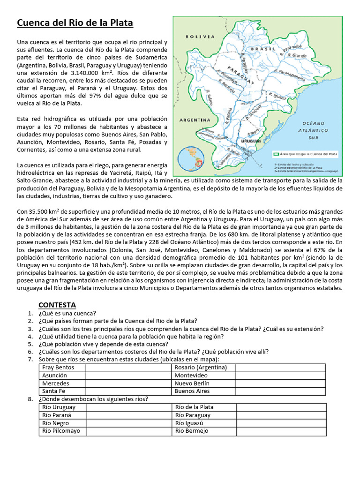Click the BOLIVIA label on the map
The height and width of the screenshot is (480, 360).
200,36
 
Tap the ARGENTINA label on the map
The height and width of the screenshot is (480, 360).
195,120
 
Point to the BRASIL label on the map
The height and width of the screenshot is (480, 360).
262,49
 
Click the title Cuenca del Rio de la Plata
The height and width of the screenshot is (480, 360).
75,23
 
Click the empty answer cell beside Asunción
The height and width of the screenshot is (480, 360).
128,375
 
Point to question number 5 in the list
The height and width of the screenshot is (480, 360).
30,344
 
